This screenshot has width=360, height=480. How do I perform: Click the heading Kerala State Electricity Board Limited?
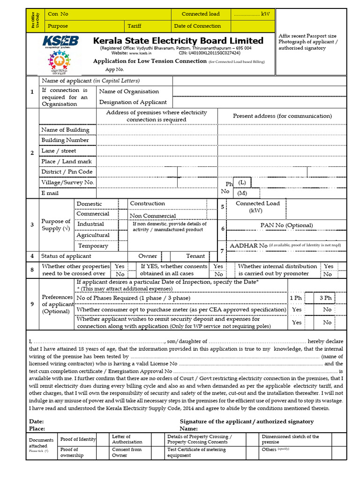(x=178, y=41)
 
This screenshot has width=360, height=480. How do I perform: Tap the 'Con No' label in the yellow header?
(x=58, y=14)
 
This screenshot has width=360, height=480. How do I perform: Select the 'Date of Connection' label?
(x=197, y=26)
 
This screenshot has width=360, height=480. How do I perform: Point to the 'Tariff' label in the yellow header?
(x=134, y=26)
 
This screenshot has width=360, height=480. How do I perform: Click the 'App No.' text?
(x=114, y=69)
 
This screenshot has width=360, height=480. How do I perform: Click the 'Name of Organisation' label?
(x=129, y=91)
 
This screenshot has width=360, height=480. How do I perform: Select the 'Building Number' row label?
(x=65, y=140)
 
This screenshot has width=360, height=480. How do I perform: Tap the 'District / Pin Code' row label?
(x=67, y=172)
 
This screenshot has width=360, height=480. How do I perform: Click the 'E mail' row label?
(x=50, y=193)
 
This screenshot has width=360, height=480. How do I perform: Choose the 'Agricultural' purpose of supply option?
(x=93, y=235)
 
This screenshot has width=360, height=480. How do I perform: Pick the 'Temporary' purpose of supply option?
(x=93, y=246)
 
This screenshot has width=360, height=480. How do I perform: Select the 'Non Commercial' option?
(x=153, y=216)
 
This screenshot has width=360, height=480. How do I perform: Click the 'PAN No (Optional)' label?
(x=286, y=225)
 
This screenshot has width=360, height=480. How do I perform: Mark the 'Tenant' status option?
(x=195, y=256)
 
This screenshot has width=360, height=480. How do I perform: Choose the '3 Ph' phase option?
(x=325, y=298)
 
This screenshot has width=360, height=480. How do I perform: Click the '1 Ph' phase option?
(x=296, y=298)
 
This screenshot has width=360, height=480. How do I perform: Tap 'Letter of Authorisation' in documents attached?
(x=127, y=439)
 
